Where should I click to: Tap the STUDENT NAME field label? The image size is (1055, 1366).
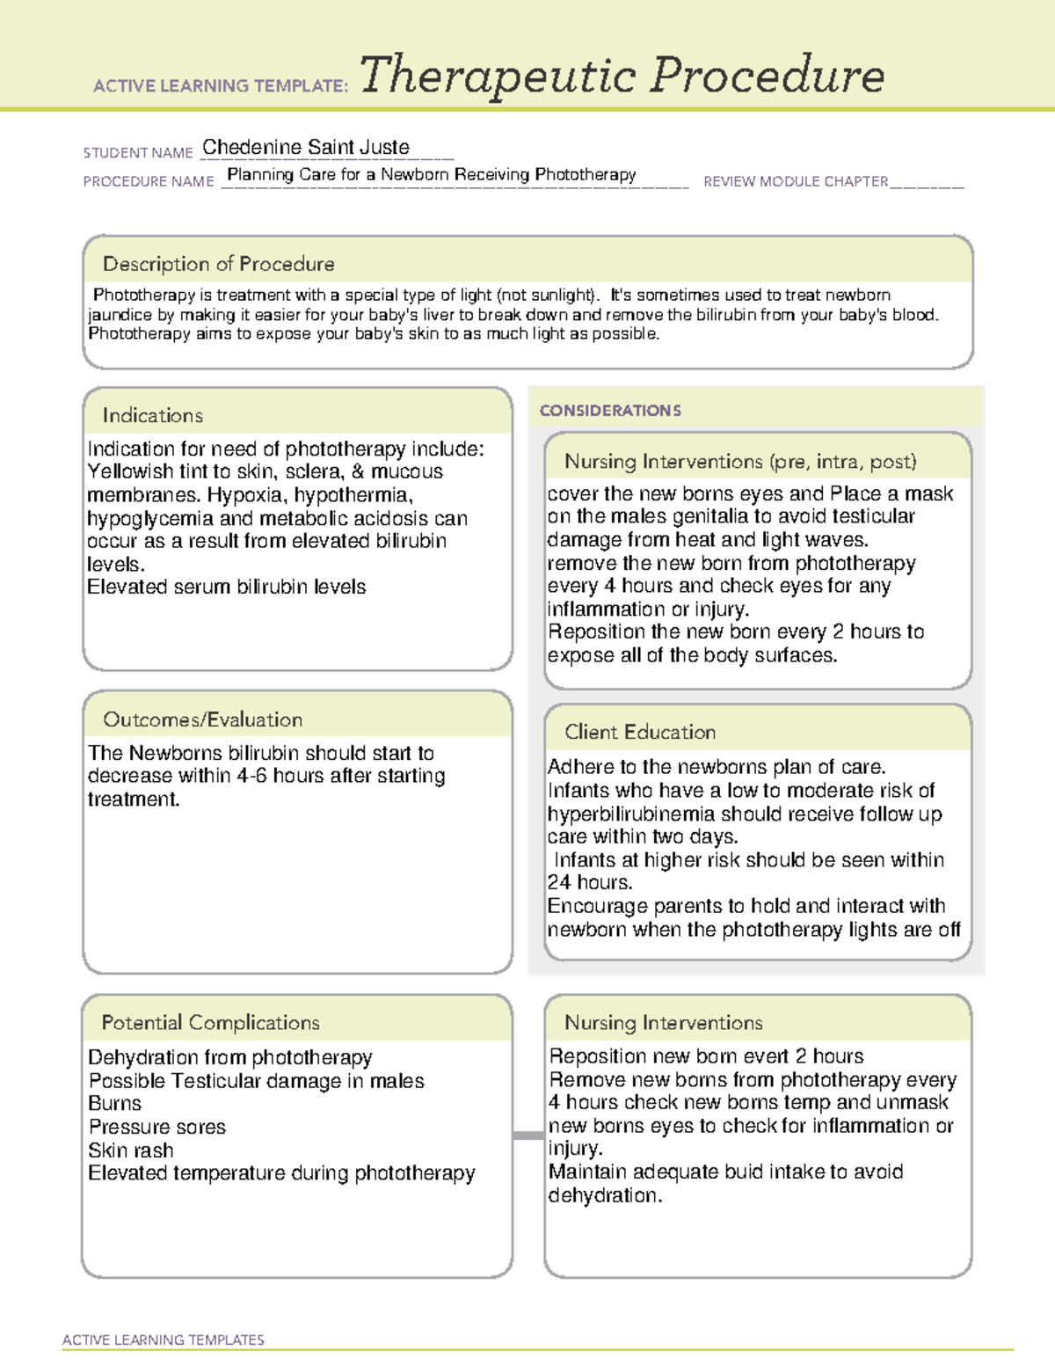[x=138, y=153]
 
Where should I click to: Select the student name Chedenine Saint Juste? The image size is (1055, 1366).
[x=305, y=147]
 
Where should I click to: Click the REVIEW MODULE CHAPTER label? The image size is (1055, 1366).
[x=796, y=181]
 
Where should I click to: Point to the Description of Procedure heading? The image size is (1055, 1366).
[x=218, y=264]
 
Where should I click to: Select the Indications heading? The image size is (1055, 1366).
[x=152, y=415]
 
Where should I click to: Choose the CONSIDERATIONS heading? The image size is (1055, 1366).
[x=610, y=411]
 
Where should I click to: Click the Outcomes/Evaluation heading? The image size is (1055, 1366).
[x=202, y=720]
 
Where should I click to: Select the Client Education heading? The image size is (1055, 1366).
[x=639, y=732]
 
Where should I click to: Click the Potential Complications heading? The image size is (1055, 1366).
[x=210, y=1023]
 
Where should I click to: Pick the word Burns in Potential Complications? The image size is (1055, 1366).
[x=114, y=1103]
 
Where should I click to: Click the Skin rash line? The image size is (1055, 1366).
[x=130, y=1151]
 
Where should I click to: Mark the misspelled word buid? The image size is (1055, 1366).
[x=754, y=1172]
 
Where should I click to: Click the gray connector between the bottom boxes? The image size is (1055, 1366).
[x=527, y=1136]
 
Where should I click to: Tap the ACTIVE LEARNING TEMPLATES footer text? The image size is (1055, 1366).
[x=163, y=1340]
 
